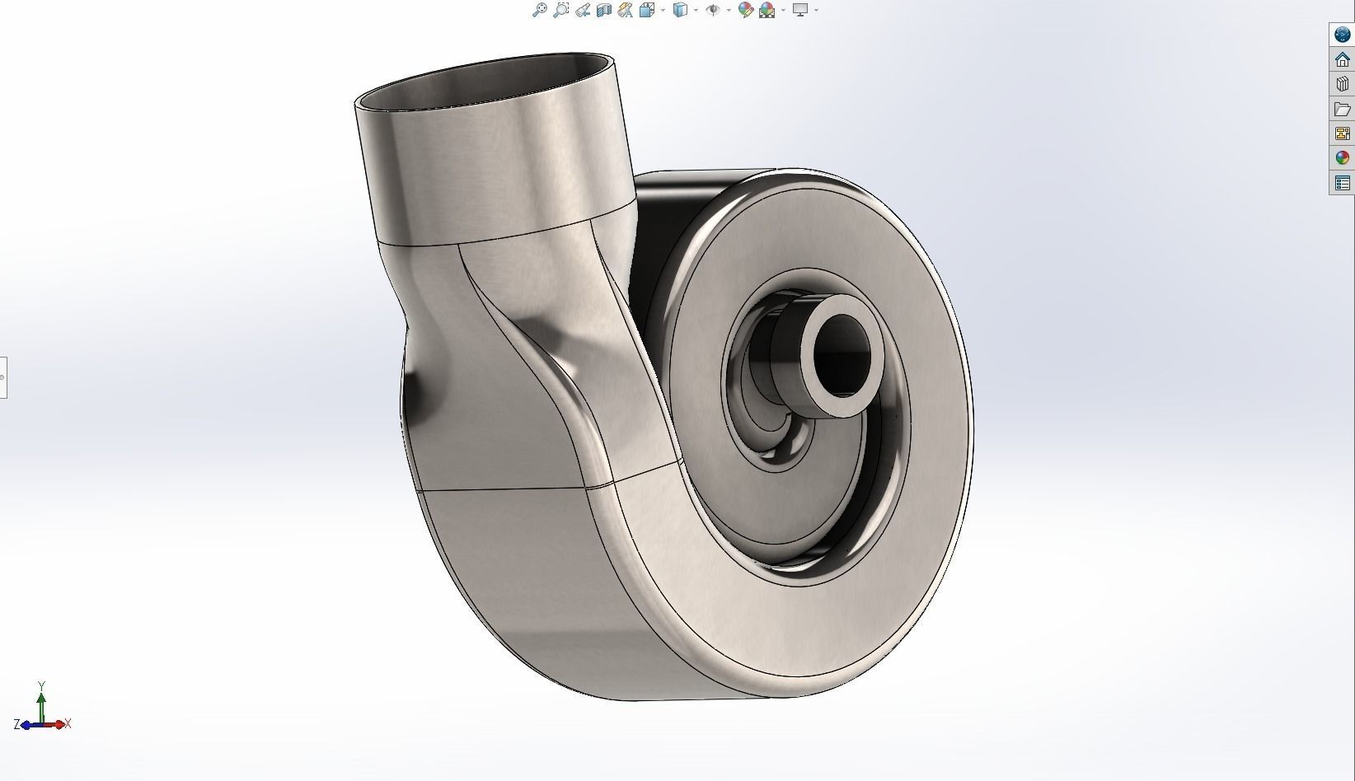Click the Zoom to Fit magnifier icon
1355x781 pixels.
pyautogui.click(x=539, y=10)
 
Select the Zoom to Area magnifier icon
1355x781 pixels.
pyautogui.click(x=560, y=10)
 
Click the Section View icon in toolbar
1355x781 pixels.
pyautogui.click(x=603, y=10)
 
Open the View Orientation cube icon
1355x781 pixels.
pyautogui.click(x=647, y=10)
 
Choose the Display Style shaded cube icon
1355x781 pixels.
pyautogui.click(x=680, y=10)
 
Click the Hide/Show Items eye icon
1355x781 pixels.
pyautogui.click(x=713, y=10)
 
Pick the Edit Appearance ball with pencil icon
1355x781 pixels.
pyautogui.click(x=745, y=10)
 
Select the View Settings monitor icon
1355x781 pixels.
pyautogui.click(x=799, y=10)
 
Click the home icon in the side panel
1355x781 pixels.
pyautogui.click(x=1342, y=59)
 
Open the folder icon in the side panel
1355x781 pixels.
pyautogui.click(x=1342, y=109)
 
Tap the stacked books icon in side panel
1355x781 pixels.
pyautogui.click(x=1342, y=84)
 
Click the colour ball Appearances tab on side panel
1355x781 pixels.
pyautogui.click(x=1342, y=158)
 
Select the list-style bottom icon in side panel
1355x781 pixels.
pyautogui.click(x=1342, y=183)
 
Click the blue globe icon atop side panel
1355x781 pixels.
pyautogui.click(x=1342, y=35)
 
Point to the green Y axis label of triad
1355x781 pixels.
pyautogui.click(x=41, y=685)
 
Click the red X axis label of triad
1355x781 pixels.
pyautogui.click(x=68, y=724)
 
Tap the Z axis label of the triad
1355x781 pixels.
pyautogui.click(x=16, y=725)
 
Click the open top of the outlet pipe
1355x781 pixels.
pyautogui.click(x=486, y=82)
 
